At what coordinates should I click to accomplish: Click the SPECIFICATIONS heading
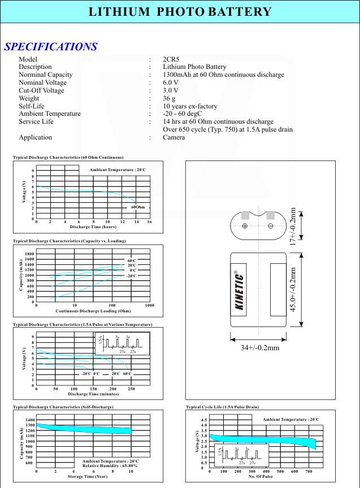[x=51, y=47]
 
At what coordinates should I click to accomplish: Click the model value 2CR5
[x=172, y=59]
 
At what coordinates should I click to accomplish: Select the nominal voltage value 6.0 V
[x=171, y=82]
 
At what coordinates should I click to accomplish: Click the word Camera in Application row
[x=174, y=137]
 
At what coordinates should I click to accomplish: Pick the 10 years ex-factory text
[x=190, y=106]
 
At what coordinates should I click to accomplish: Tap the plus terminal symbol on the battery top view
[x=245, y=226]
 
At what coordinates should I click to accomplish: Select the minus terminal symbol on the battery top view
[x=270, y=226]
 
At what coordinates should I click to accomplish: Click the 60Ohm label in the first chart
[x=138, y=207]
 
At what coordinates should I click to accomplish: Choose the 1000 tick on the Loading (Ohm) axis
[x=150, y=306]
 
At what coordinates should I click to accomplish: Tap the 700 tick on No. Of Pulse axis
[x=309, y=470]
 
